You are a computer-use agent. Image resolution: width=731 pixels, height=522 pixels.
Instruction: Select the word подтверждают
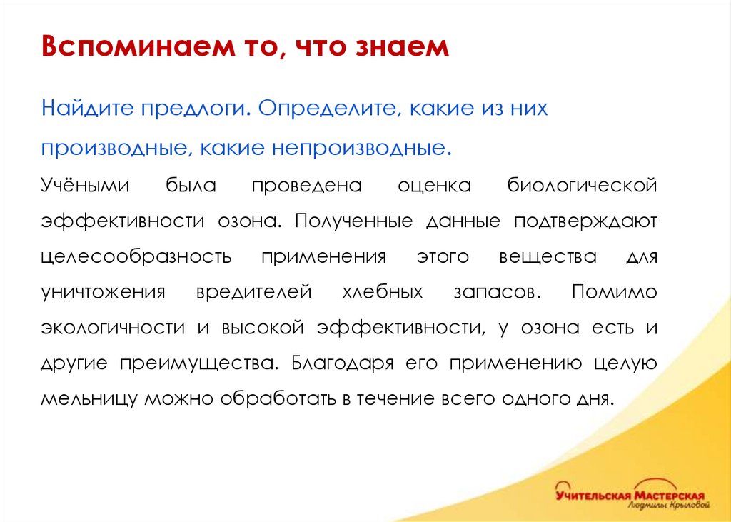(x=585, y=220)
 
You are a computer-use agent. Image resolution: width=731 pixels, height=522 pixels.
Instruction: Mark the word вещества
(x=547, y=256)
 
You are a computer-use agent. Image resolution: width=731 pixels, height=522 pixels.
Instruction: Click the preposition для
(x=641, y=256)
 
